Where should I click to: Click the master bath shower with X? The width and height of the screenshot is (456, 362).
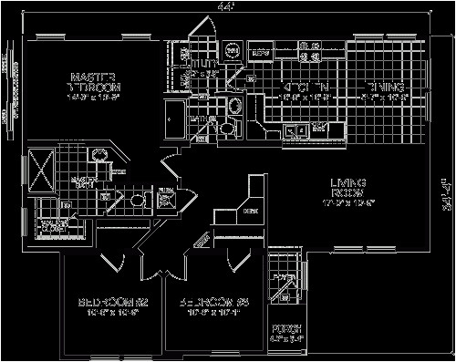click(41, 168)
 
